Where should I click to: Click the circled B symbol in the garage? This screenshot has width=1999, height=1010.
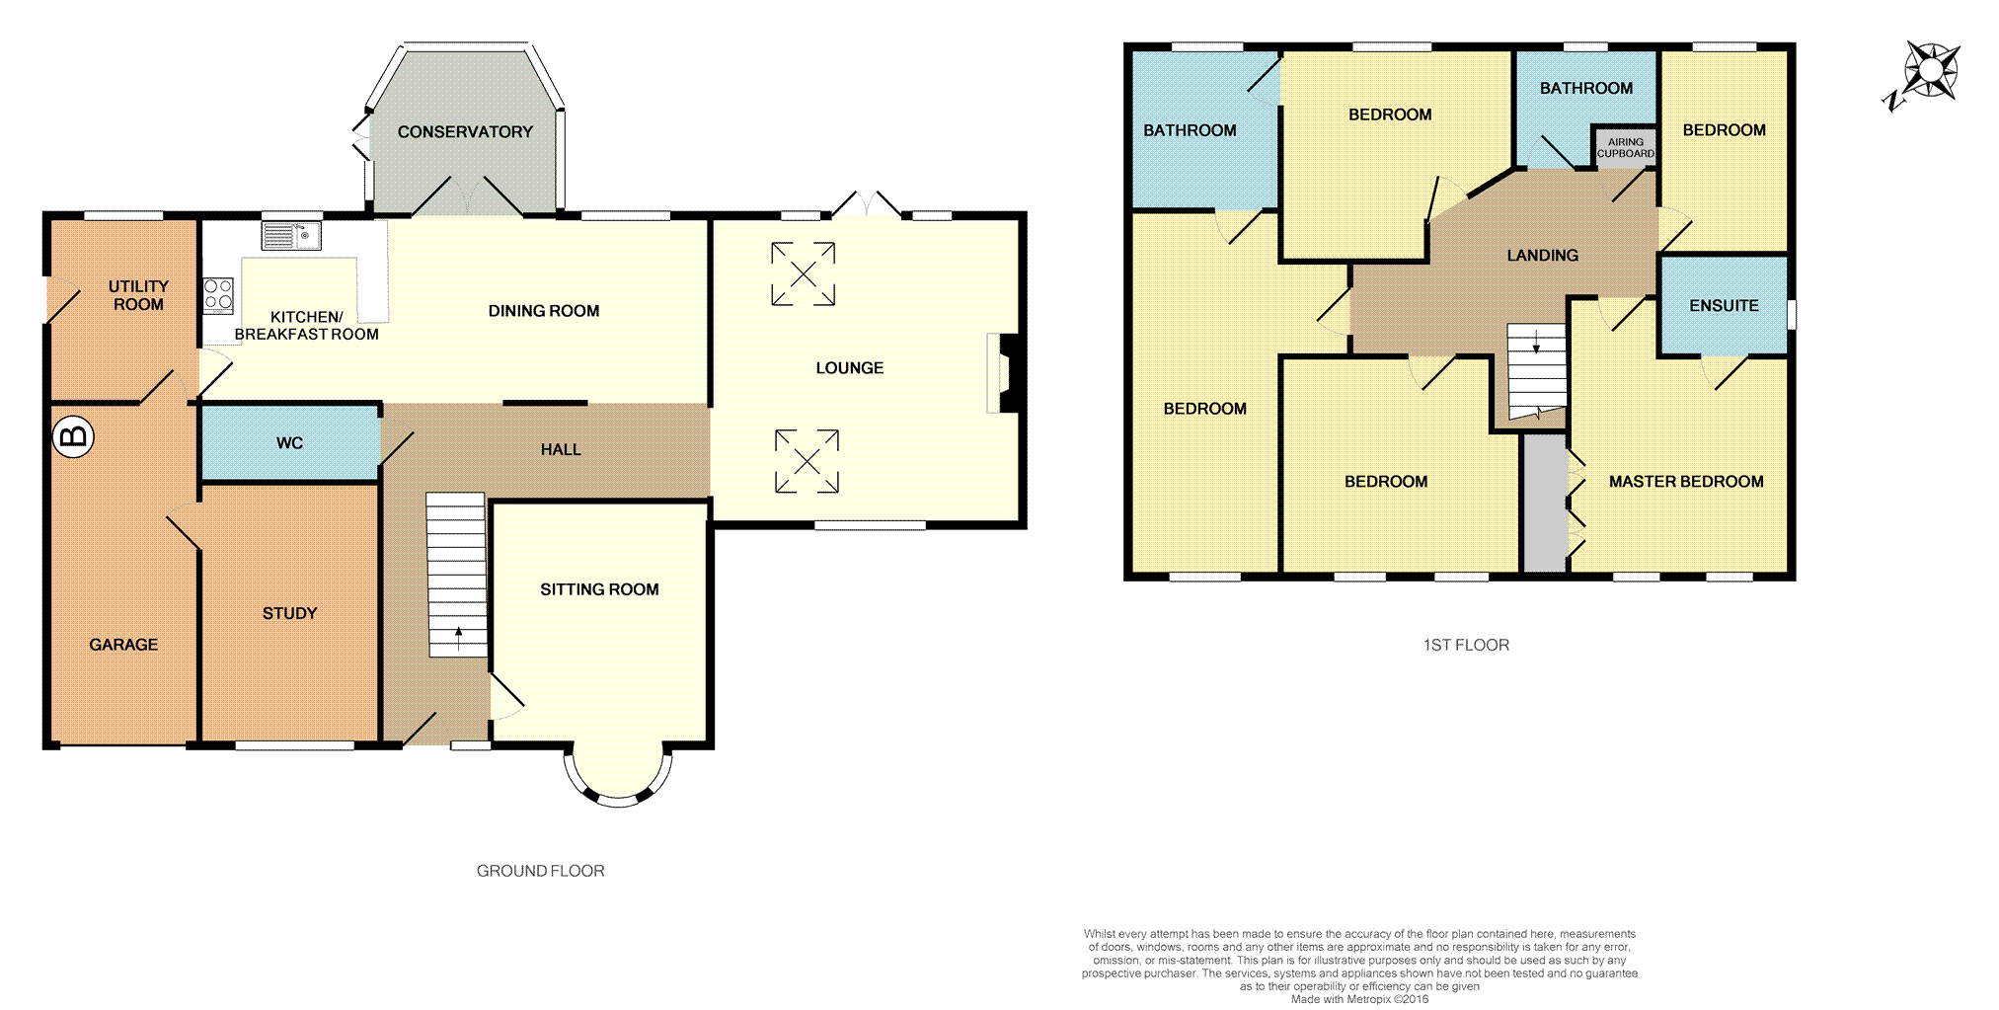pos(73,436)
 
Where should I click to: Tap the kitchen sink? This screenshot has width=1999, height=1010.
pos(291,236)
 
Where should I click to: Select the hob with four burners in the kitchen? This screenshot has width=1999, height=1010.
pos(218,296)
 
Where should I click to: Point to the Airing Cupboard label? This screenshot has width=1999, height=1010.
pos(1625,148)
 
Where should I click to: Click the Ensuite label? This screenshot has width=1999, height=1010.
pos(1724,306)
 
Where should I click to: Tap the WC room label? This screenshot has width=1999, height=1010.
pos(289,443)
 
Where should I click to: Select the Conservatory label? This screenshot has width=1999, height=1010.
pos(465,132)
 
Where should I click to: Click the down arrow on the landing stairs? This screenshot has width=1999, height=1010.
pos(1536,342)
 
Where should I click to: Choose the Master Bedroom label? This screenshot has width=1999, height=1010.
pos(1686,482)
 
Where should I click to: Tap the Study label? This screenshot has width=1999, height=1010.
pos(289,613)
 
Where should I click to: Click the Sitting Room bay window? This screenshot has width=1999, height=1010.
pos(618,780)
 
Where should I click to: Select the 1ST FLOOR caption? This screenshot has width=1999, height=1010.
pos(1466,645)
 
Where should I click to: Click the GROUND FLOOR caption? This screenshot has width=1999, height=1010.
pos(540,871)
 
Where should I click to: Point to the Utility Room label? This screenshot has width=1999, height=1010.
pos(138,295)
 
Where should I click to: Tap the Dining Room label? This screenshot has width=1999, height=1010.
pos(544,311)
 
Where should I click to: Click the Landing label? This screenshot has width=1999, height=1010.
pos(1542,256)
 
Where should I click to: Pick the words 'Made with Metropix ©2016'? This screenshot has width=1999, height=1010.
pos(1359,999)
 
